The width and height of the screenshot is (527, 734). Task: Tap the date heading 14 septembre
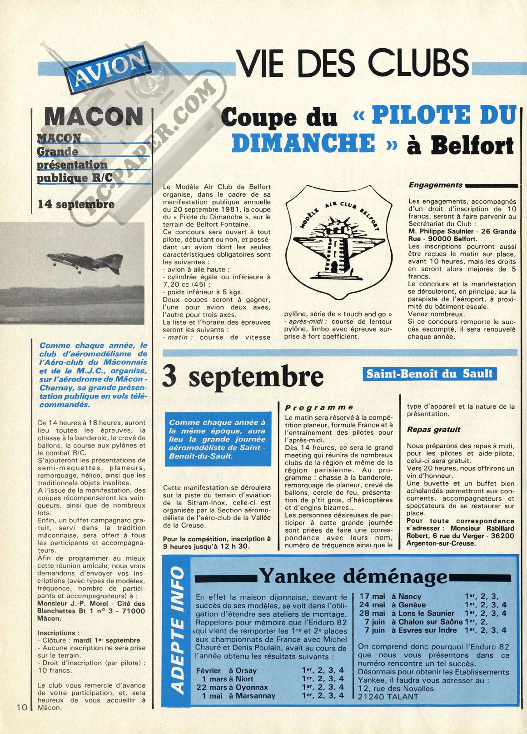(x=76, y=204)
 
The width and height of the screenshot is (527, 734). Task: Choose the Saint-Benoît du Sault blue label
(x=429, y=373)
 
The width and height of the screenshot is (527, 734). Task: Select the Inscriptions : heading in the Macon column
(x=56, y=633)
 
